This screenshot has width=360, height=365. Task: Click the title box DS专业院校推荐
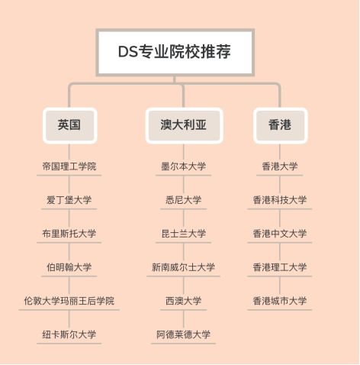point(175,52)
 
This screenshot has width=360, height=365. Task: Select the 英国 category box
point(69,125)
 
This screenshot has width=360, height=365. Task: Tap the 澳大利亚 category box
point(184,125)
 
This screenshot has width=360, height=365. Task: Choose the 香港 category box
point(280,125)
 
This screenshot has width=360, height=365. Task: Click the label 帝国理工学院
point(69,166)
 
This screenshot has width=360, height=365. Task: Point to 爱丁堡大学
point(69,200)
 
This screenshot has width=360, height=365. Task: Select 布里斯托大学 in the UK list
point(69,234)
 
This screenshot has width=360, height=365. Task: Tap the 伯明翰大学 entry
point(69,267)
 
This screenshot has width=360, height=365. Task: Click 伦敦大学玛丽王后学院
point(69,301)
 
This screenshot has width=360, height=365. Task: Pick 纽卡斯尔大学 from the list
point(69,334)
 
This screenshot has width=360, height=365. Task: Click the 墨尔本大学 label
point(184,166)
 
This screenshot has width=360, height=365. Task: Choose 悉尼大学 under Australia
point(184,200)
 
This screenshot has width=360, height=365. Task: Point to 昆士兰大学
point(184,234)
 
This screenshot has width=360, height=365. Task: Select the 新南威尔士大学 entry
point(184,267)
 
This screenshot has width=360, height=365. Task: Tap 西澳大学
point(184,301)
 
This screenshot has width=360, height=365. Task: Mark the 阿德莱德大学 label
point(184,334)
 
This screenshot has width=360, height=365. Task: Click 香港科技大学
point(280,200)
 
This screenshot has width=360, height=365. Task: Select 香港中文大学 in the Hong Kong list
point(280,234)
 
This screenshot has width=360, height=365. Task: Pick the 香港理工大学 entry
point(280,267)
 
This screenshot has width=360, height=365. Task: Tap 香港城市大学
point(280,301)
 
